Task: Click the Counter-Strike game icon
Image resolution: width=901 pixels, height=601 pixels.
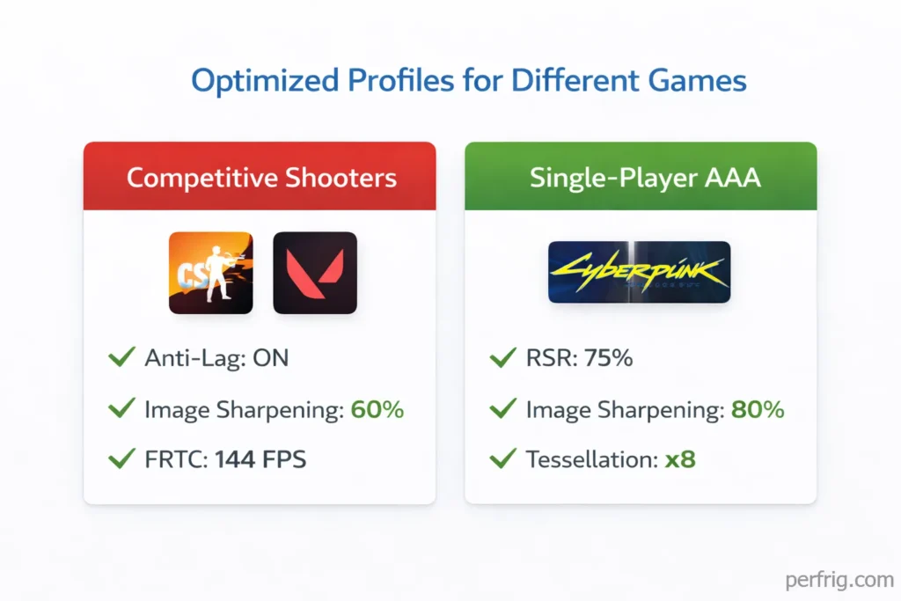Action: point(210,273)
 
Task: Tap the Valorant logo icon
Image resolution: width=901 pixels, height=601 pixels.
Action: point(315,273)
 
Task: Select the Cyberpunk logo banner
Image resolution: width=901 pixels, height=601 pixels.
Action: point(639,273)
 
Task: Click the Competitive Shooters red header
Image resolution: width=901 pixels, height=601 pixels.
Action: point(260,178)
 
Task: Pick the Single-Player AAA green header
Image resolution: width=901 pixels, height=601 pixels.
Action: point(641,178)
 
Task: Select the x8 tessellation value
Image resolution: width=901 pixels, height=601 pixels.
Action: point(678,458)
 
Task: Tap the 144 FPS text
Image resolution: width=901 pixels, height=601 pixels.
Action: point(261,458)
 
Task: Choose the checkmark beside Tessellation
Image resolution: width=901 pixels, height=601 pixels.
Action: point(502,458)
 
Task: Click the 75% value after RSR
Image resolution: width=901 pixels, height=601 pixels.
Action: point(608,358)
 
